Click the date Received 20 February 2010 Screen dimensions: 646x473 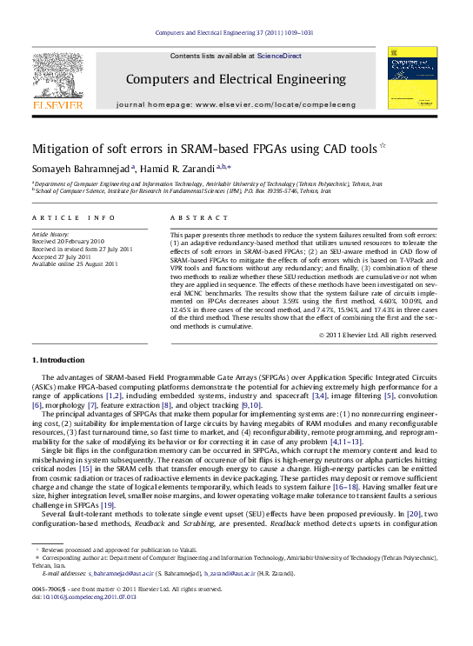point(68,242)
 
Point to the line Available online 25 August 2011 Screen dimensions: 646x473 point(75,263)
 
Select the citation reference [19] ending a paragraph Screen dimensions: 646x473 point(108,505)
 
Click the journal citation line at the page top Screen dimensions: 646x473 point(234,32)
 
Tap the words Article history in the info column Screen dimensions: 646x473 point(50,235)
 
